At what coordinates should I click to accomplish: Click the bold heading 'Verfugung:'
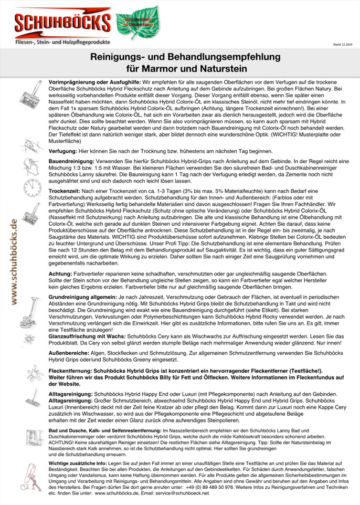coord(66,151)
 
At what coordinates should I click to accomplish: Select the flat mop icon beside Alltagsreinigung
coord(27,399)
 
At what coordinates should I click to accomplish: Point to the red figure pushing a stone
coord(27,475)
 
